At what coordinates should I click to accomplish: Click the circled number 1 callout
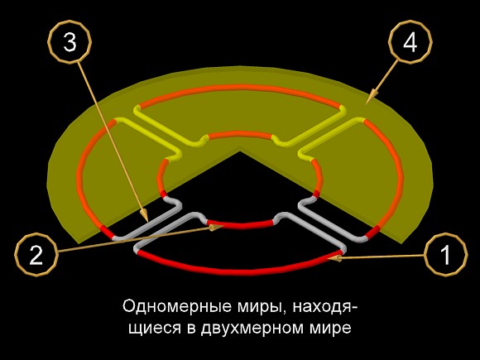(446, 254)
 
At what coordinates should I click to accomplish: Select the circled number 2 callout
(36, 255)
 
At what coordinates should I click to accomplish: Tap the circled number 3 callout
(70, 42)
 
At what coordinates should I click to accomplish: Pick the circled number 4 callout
(410, 42)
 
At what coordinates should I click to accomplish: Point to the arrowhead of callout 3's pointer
(144, 215)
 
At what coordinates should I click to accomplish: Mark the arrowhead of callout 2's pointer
(217, 227)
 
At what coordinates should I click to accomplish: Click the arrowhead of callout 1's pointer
(335, 259)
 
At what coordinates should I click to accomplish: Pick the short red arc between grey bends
(240, 226)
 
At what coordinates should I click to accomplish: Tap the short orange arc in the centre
(240, 134)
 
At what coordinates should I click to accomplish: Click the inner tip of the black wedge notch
(240, 151)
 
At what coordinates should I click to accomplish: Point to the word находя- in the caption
(325, 306)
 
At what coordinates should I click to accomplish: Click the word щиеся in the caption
(158, 329)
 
